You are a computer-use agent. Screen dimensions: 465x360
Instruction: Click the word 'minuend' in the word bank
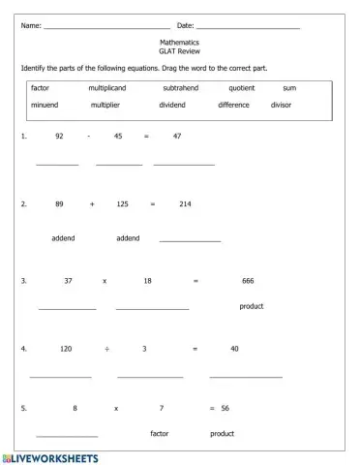point(45,104)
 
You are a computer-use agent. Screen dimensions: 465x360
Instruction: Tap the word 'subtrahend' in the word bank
point(181,87)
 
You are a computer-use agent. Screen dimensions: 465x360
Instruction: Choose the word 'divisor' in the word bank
point(281,104)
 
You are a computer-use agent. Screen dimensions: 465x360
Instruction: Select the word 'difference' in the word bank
point(233,104)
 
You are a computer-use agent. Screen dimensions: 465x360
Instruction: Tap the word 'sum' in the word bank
point(289,87)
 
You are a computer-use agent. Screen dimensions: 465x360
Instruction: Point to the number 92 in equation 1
point(59,136)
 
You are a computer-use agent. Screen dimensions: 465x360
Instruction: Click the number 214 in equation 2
point(185,204)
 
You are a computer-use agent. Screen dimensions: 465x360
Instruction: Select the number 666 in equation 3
point(248,280)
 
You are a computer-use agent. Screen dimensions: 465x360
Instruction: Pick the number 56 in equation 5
point(225,408)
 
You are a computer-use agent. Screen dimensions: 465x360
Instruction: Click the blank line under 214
point(190,239)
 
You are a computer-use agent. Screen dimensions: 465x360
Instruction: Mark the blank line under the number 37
point(67,308)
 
